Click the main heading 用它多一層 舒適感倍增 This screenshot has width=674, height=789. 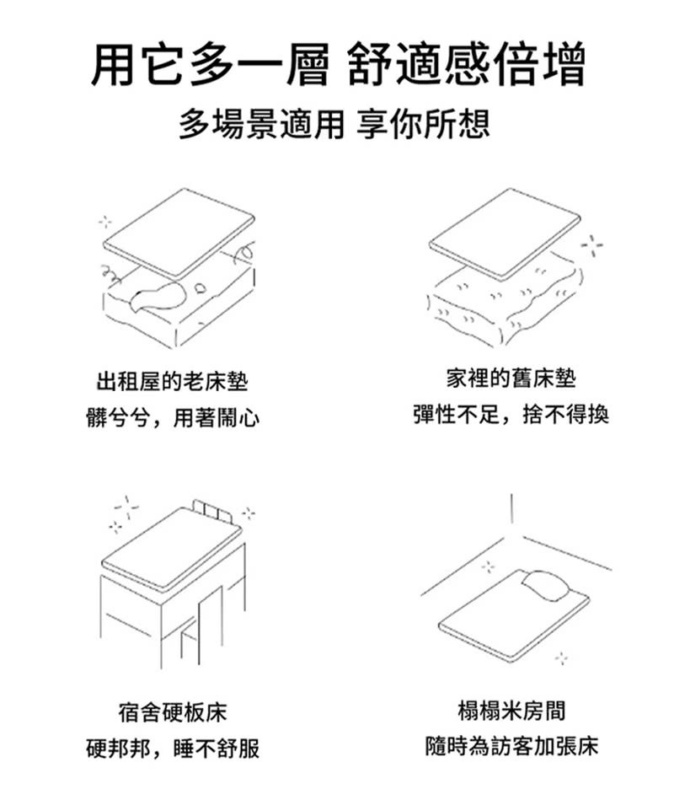click(337, 66)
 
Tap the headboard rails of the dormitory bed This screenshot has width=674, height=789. click(211, 511)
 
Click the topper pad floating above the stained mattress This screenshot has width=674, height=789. click(177, 232)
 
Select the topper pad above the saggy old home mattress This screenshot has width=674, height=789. click(504, 232)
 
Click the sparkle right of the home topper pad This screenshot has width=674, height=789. click(593, 244)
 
